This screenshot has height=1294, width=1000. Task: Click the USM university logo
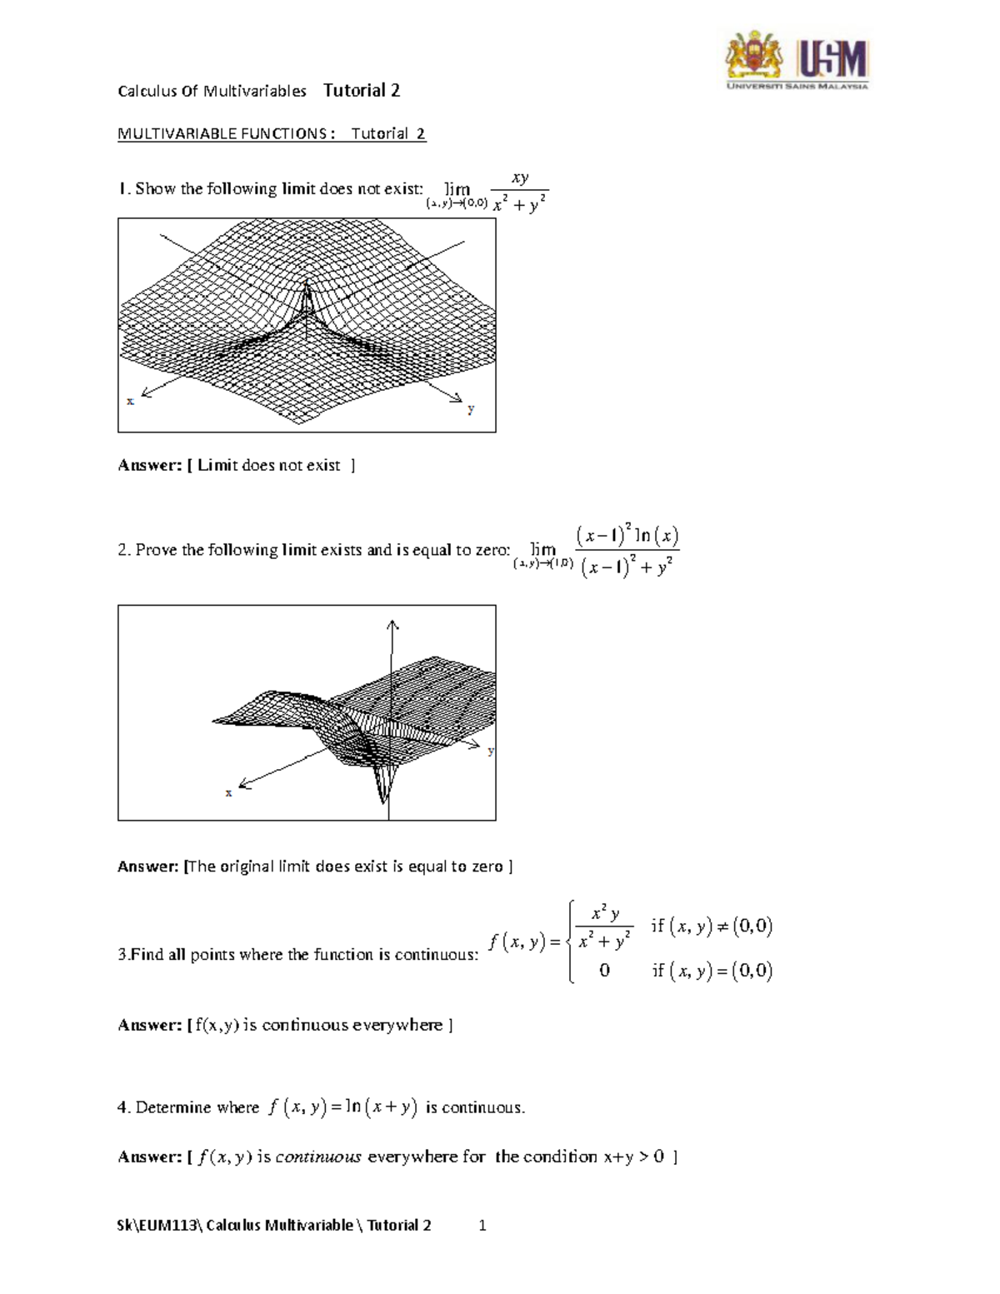797,60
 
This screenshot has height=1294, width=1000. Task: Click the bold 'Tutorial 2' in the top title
362,90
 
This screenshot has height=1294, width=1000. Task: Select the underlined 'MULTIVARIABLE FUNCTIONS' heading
222,133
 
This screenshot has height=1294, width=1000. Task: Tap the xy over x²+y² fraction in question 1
520,192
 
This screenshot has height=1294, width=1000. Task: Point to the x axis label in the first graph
130,401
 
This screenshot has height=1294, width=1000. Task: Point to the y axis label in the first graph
471,409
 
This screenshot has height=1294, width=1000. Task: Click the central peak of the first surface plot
307,292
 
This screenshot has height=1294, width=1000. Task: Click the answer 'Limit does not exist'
268,465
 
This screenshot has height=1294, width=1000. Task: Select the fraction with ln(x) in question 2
627,551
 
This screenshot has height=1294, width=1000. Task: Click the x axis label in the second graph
228,792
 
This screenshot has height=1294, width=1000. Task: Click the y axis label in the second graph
491,751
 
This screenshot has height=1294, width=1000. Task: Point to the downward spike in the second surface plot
383,796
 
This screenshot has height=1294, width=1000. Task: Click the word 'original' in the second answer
247,867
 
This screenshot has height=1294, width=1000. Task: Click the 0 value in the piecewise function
604,971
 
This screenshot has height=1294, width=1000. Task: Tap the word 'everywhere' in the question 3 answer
397,1025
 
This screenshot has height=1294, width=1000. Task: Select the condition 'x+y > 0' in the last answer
633,1157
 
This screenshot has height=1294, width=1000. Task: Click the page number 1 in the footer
482,1225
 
